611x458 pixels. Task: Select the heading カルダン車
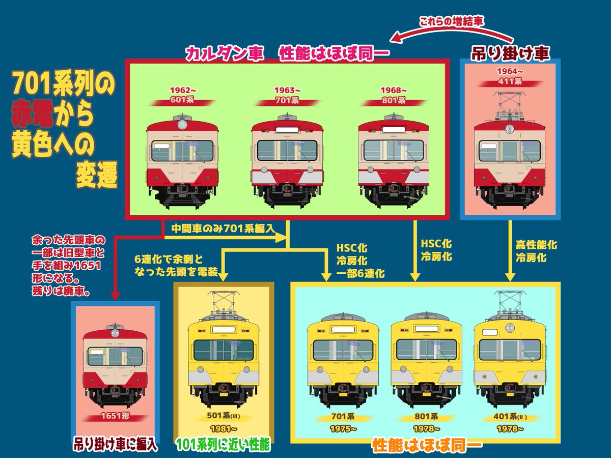pos(225,53)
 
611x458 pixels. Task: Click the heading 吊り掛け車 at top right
pos(510,53)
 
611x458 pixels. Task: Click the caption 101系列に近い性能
pos(223,445)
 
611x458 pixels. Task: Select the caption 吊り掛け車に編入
pos(115,445)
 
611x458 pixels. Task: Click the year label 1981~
pos(223,428)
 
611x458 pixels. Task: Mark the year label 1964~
pos(510,71)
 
